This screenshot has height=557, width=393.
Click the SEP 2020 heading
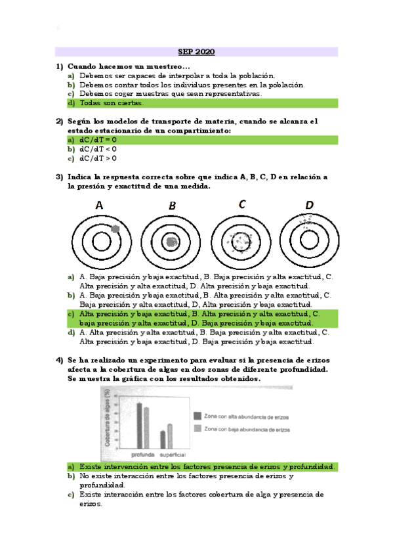[x=196, y=52]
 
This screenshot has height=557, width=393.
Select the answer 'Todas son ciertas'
[x=111, y=103]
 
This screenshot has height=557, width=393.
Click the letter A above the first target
[x=100, y=206]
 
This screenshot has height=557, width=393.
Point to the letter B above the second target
[x=172, y=206]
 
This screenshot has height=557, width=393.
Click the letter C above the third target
[x=242, y=204]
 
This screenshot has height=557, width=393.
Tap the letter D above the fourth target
[x=310, y=205]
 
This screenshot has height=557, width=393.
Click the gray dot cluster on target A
[x=115, y=229]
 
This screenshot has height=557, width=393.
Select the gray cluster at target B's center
[x=172, y=242]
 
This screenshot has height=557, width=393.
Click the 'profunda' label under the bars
[x=142, y=455]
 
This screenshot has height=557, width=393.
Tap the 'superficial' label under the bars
[x=173, y=455]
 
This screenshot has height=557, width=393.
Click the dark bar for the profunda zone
[x=139, y=425]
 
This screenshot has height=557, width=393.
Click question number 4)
[x=59, y=361]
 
